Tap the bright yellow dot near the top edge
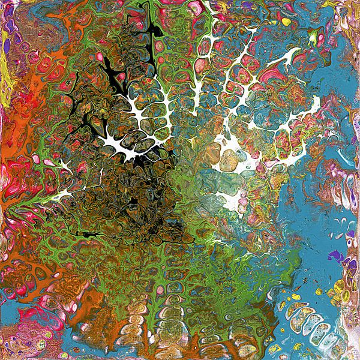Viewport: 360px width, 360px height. click(287, 22)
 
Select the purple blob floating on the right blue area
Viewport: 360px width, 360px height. click(337, 256)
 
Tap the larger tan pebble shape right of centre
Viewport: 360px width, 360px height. click(229, 158)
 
